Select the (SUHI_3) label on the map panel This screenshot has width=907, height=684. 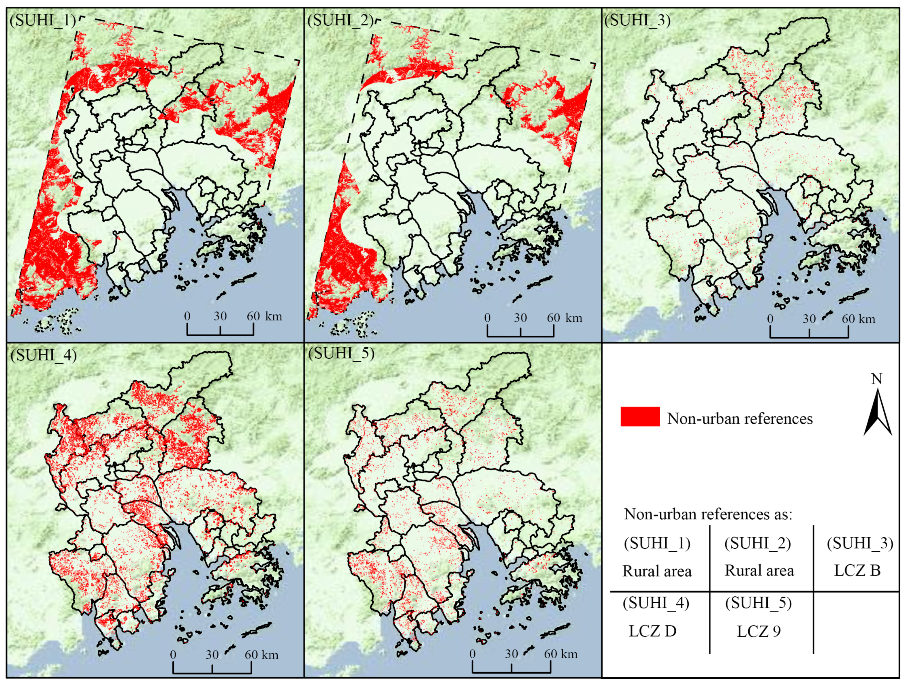637,20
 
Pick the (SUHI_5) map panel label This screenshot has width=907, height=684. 341,354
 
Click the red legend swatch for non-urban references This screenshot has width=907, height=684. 640,417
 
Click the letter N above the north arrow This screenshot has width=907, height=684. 876,379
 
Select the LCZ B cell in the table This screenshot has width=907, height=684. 857,570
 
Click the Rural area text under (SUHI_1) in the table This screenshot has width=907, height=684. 657,571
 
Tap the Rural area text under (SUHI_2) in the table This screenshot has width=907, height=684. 759,570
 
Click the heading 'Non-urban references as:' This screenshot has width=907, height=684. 708,514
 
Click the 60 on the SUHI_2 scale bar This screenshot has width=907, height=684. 553,318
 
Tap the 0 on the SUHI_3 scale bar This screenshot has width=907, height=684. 770,319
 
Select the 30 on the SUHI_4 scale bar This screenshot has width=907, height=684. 212,655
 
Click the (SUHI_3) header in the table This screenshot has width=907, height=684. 859,543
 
